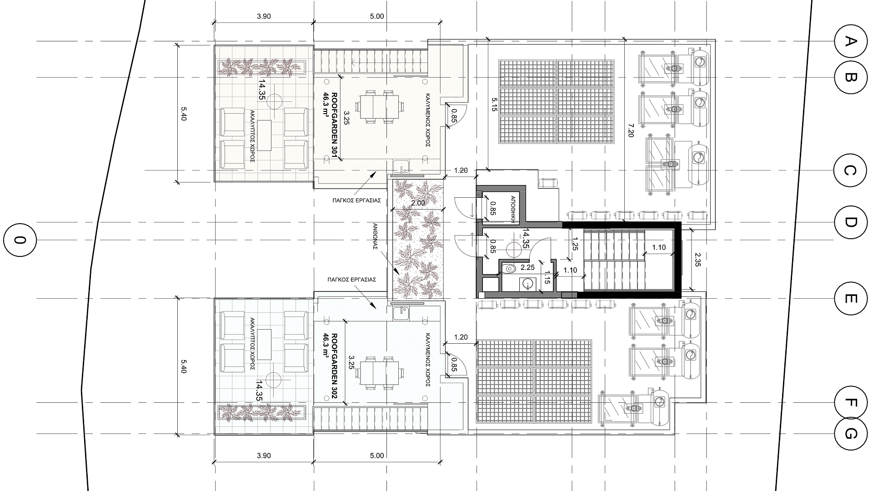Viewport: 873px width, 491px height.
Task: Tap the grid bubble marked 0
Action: pos(19,240)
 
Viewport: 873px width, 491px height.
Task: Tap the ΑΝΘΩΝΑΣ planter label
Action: pos(376,247)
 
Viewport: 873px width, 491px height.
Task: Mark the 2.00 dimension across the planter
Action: pos(417,203)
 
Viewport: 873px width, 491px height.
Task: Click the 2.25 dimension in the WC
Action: pos(527,267)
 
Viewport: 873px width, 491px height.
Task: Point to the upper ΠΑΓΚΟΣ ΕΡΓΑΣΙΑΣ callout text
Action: pos(356,200)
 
